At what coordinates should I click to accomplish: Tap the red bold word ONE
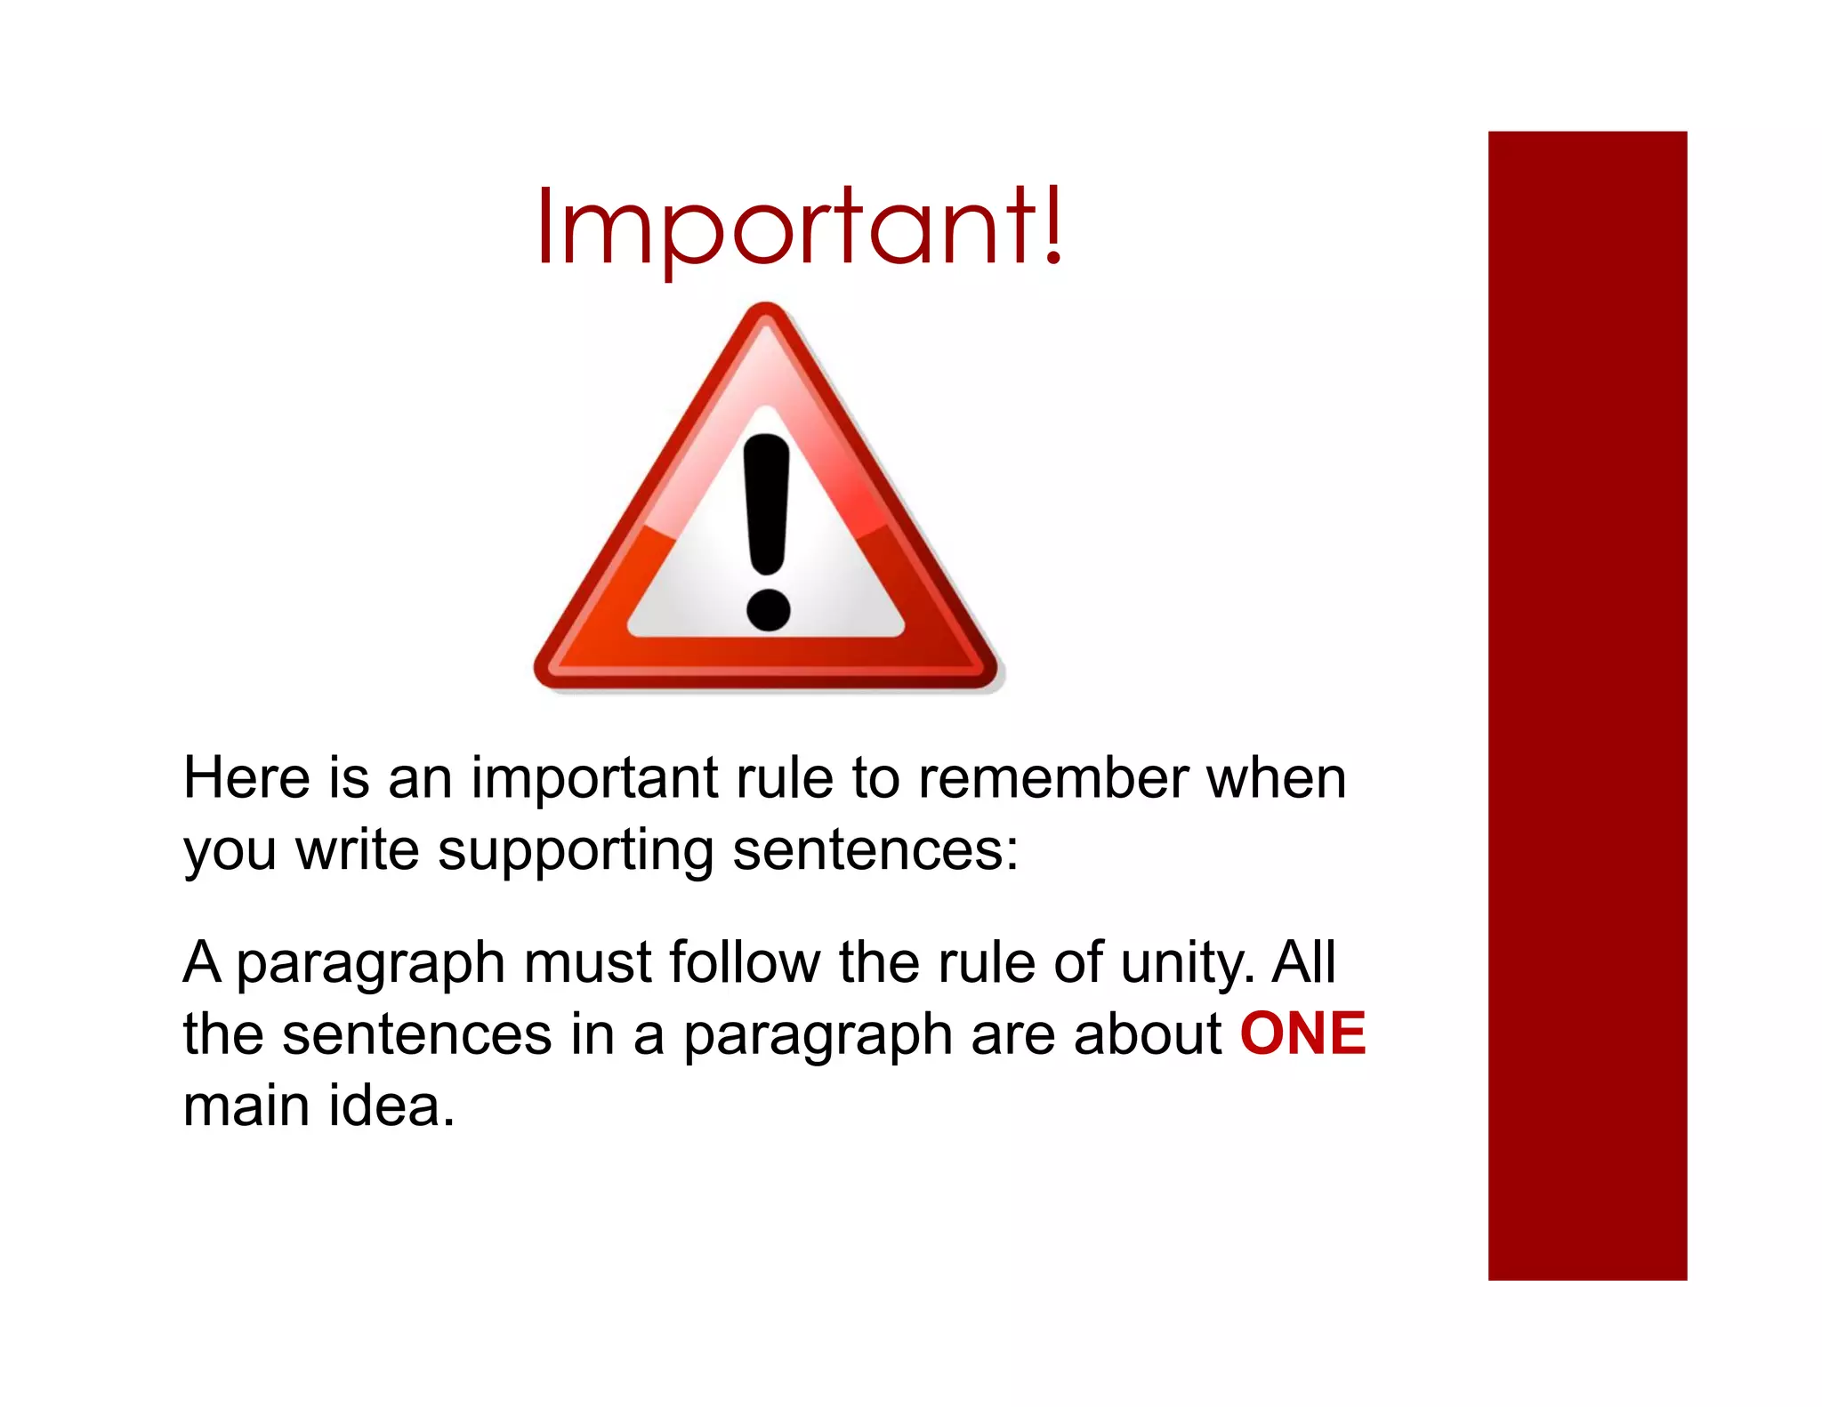click(x=1302, y=1033)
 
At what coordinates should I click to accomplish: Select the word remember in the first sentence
click(x=1053, y=778)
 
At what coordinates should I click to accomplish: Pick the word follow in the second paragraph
click(x=745, y=962)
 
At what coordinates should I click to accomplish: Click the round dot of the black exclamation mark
click(x=768, y=610)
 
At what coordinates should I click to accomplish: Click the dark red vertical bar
click(x=1587, y=704)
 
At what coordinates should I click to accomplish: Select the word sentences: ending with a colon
click(x=875, y=850)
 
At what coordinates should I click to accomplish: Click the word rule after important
click(x=785, y=778)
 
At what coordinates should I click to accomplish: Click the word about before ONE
click(x=1148, y=1033)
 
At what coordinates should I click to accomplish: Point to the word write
click(x=357, y=850)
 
